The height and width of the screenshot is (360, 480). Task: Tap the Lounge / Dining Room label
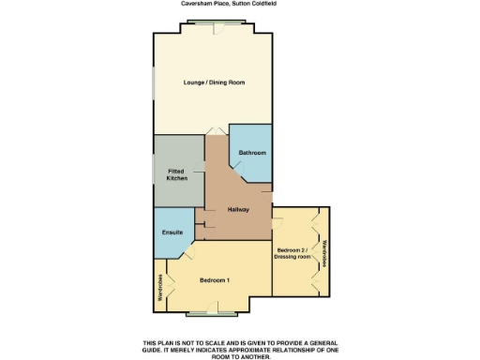click(x=214, y=82)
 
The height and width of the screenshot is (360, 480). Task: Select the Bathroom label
click(x=252, y=153)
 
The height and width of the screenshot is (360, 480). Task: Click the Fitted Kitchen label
click(x=177, y=174)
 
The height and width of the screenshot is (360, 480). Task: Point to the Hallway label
click(x=237, y=209)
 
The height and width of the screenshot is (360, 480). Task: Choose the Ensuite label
click(x=172, y=232)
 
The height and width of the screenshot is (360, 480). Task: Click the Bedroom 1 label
click(x=215, y=280)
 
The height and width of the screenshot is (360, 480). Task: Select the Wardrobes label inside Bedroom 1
click(x=159, y=287)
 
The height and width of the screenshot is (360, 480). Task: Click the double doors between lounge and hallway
click(x=217, y=131)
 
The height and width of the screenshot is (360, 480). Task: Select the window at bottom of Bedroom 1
click(x=215, y=309)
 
